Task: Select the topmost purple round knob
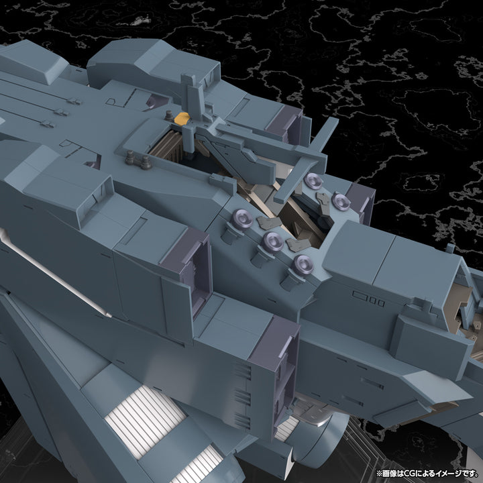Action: coord(313,180)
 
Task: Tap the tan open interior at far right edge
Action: coord(470,303)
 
